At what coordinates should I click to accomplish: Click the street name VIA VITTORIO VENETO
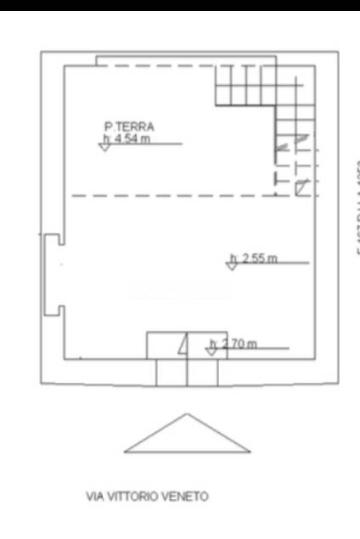(147, 497)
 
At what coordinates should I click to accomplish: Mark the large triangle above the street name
(187, 435)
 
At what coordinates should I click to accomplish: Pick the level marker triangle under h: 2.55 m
(231, 266)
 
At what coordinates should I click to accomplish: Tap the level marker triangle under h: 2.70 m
(211, 351)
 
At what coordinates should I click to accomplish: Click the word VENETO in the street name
(188, 497)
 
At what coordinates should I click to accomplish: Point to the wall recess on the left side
(53, 273)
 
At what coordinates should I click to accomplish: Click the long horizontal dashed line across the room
(170, 196)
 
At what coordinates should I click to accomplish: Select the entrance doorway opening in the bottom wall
(186, 371)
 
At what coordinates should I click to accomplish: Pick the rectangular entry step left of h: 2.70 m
(166, 345)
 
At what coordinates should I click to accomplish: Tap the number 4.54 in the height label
(132, 138)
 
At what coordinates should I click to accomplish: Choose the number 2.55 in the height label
(255, 258)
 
